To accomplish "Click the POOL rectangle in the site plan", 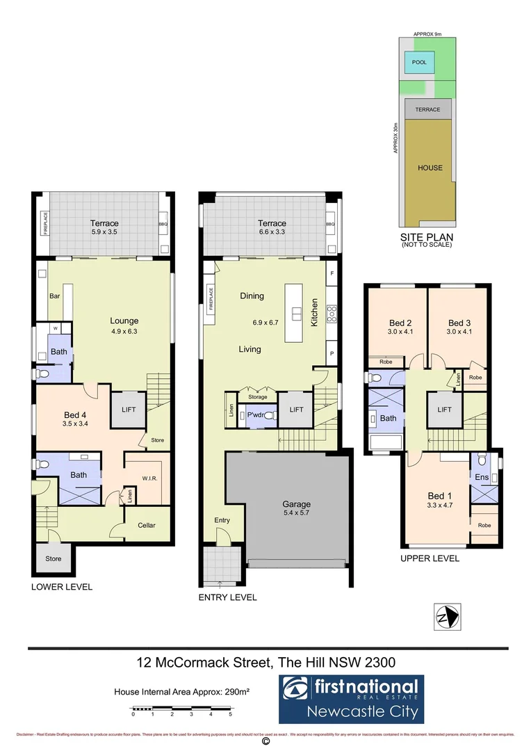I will coord(419,62).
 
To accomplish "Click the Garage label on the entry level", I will coord(296,504).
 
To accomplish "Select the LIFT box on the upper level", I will coord(443,410).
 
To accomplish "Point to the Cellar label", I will coord(147,525).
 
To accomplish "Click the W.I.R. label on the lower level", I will coord(150,477).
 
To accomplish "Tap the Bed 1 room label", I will coord(439,496).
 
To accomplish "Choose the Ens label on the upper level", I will coord(482,477).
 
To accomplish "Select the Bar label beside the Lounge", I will coord(54,296).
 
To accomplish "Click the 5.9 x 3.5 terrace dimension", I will coord(104,233).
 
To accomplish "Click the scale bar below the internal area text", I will coord(181,709).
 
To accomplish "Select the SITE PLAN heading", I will coord(427,236).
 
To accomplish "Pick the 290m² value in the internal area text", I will coord(236,692).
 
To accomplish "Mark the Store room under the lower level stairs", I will coord(54,558).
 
